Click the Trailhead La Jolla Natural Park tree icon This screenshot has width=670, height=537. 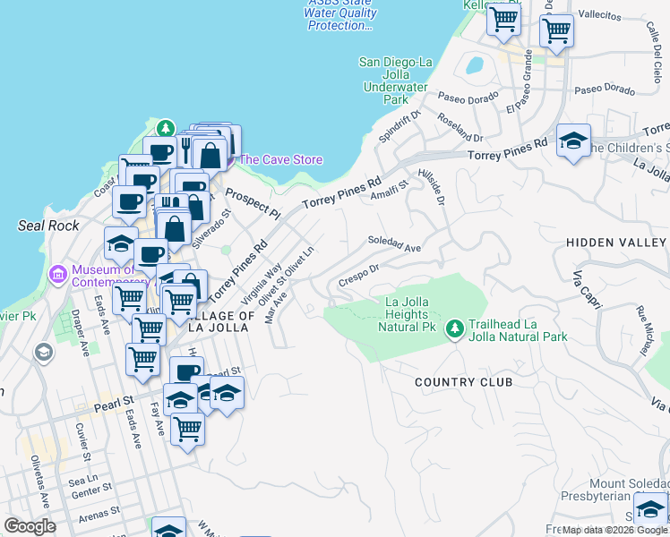click(x=455, y=329)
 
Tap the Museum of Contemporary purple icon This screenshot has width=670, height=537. click(x=58, y=272)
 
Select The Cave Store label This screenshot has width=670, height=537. click(x=279, y=160)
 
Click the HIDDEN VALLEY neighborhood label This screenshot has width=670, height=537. click(x=616, y=243)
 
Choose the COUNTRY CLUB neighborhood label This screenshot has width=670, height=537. click(x=463, y=382)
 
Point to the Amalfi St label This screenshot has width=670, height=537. click(x=390, y=189)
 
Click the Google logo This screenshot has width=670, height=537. click(x=30, y=526)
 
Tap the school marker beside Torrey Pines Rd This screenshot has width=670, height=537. click(x=573, y=141)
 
